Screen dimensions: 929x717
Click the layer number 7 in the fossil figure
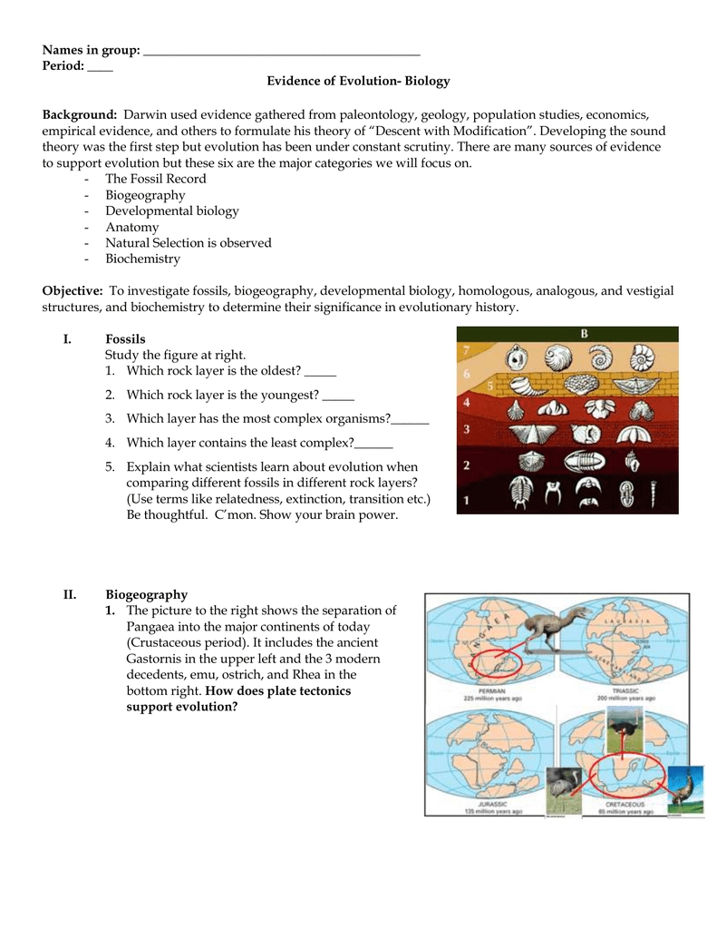pos(465,350)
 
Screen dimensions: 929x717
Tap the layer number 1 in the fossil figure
pos(466,499)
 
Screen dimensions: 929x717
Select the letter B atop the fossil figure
pos(585,333)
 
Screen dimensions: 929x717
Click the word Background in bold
pos(80,115)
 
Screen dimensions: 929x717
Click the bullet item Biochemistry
pos(142,259)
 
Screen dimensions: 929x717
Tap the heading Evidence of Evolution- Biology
pos(358,81)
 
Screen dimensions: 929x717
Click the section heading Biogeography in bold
pos(146,594)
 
